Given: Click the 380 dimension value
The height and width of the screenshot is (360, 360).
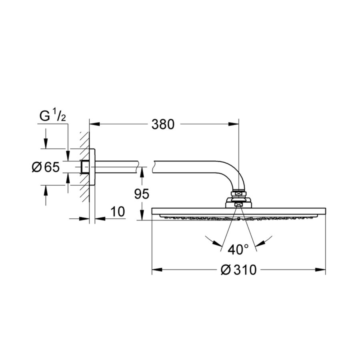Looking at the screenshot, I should pyautogui.click(x=163, y=125).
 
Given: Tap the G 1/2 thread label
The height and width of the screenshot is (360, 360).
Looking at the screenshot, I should pyautogui.click(x=52, y=116).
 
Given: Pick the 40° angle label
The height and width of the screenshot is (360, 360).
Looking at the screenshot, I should pyautogui.click(x=238, y=250).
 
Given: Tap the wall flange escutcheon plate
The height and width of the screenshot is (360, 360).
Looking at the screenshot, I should pyautogui.click(x=92, y=167).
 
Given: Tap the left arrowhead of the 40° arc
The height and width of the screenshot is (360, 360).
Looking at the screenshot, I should pyautogui.click(x=218, y=243).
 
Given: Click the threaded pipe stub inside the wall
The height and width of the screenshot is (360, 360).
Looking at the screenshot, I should pyautogui.click(x=84, y=167).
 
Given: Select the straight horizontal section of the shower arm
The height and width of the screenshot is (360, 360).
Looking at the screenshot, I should pyautogui.click(x=120, y=167).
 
